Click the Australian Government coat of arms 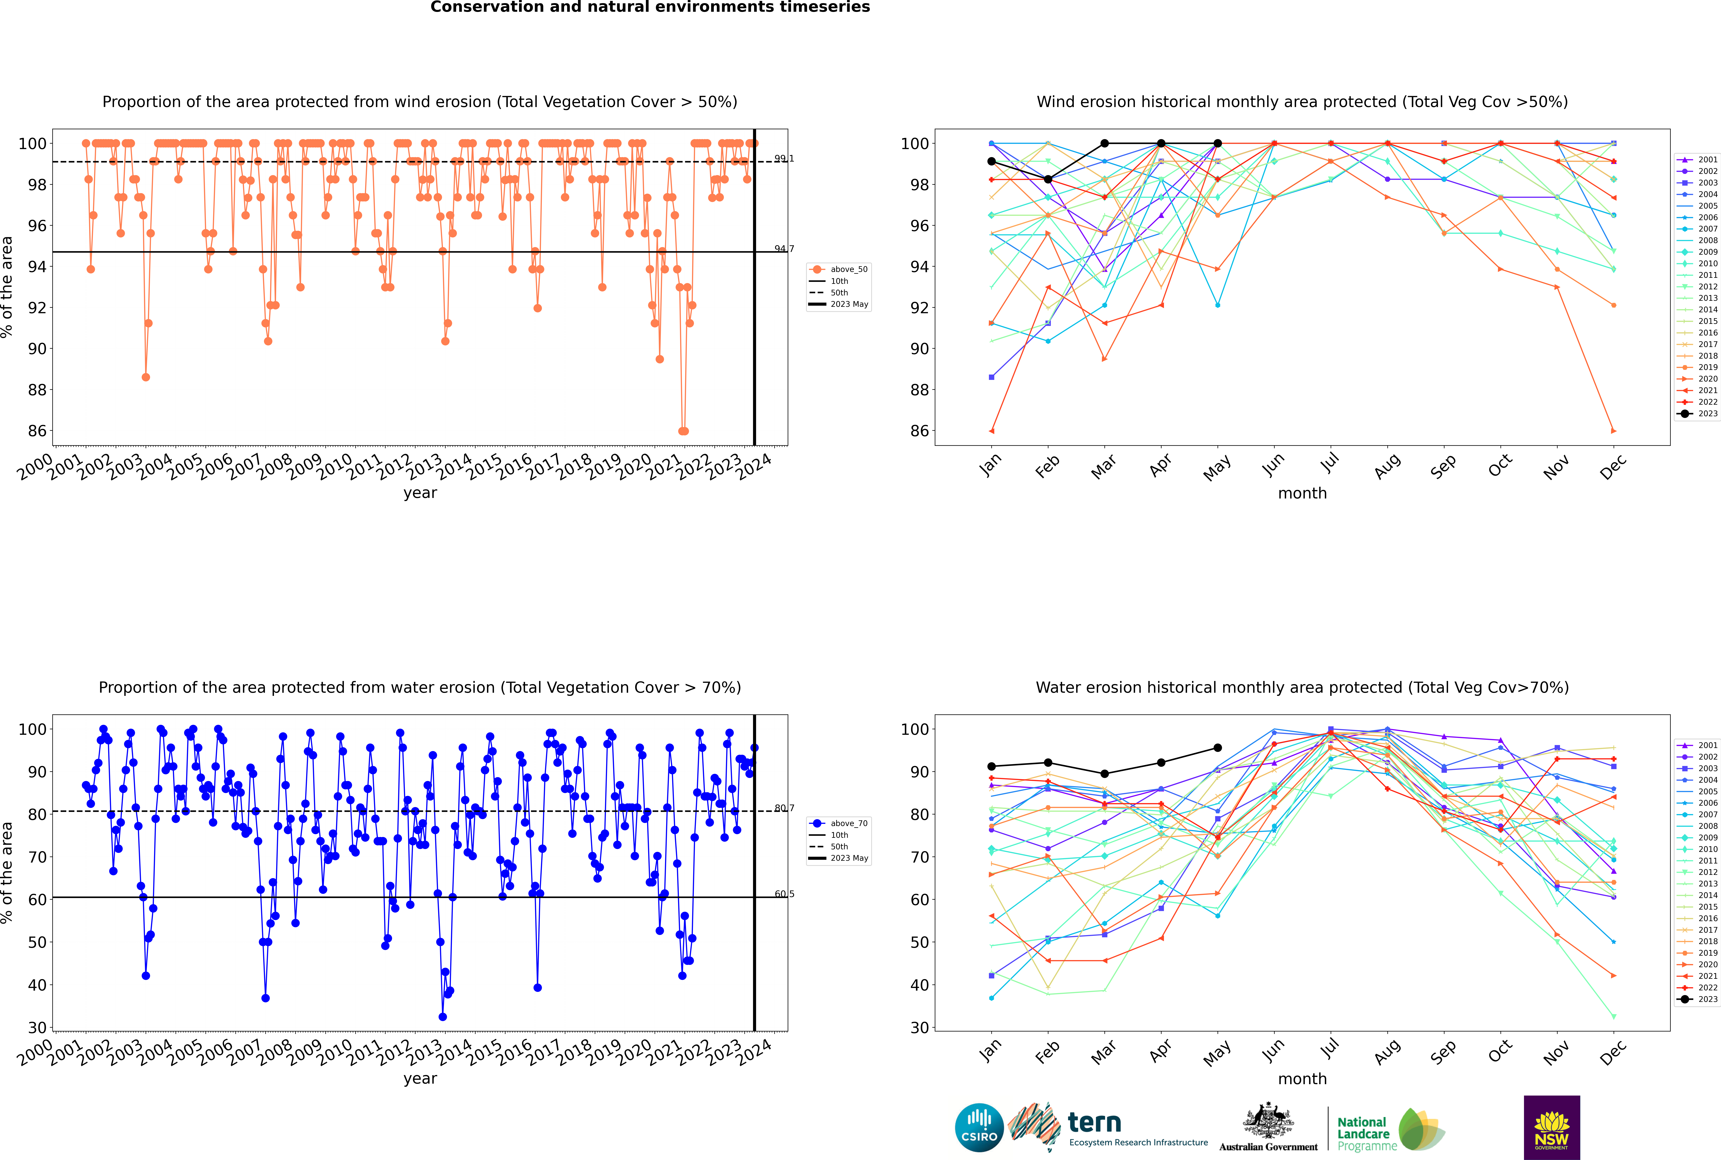pyautogui.click(x=1268, y=1121)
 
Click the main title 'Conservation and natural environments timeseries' pyautogui.click(x=650, y=7)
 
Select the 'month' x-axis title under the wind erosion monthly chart pyautogui.click(x=1302, y=494)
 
